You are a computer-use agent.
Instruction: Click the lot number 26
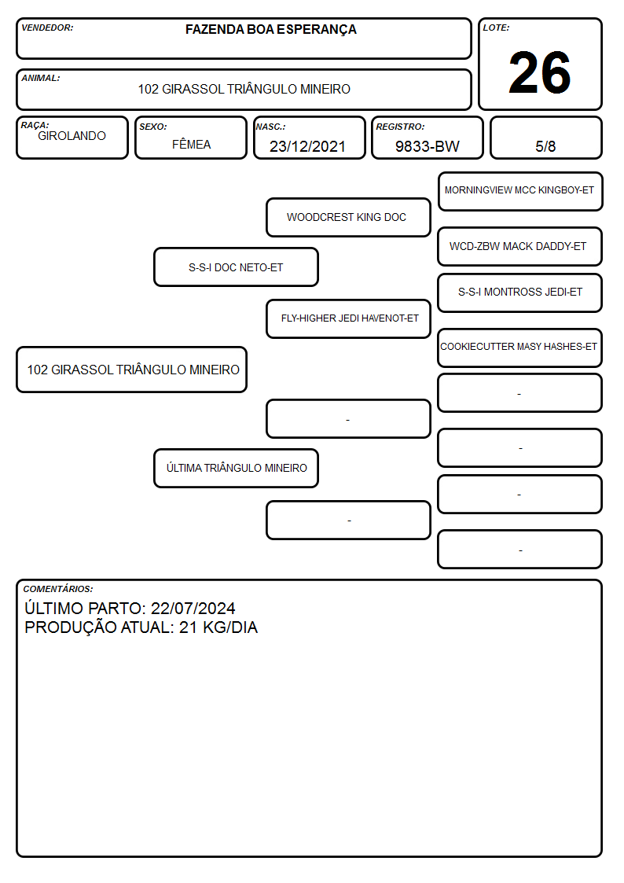pyautogui.click(x=540, y=72)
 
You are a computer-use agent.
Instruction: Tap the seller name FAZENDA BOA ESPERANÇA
pyautogui.click(x=270, y=30)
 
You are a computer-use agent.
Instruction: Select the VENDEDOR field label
pyautogui.click(x=47, y=28)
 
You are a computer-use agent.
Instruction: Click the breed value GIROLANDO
pyautogui.click(x=72, y=136)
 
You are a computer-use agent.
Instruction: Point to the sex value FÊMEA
pyautogui.click(x=191, y=144)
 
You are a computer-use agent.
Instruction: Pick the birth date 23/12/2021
pyautogui.click(x=307, y=146)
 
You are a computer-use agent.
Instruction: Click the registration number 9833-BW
pyautogui.click(x=427, y=146)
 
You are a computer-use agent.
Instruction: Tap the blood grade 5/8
pyautogui.click(x=545, y=146)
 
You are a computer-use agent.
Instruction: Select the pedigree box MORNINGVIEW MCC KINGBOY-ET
pyautogui.click(x=520, y=192)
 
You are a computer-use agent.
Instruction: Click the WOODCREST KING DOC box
pyautogui.click(x=348, y=217)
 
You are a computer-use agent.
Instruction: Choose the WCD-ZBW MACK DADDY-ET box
pyautogui.click(x=520, y=246)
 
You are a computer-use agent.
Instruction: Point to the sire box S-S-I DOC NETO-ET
pyautogui.click(x=236, y=267)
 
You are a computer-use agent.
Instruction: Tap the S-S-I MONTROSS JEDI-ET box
pyautogui.click(x=520, y=292)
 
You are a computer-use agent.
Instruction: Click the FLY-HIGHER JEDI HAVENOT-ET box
pyautogui.click(x=348, y=318)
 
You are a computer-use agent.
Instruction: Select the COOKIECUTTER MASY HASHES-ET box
pyautogui.click(x=520, y=348)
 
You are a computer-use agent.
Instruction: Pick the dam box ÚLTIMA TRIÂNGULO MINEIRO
pyautogui.click(x=236, y=468)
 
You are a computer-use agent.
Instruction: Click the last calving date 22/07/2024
pyautogui.click(x=193, y=608)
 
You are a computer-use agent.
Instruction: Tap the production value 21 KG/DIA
pyautogui.click(x=218, y=627)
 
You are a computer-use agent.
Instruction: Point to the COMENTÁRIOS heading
pyautogui.click(x=58, y=589)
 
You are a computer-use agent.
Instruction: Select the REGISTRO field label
pyautogui.click(x=400, y=127)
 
